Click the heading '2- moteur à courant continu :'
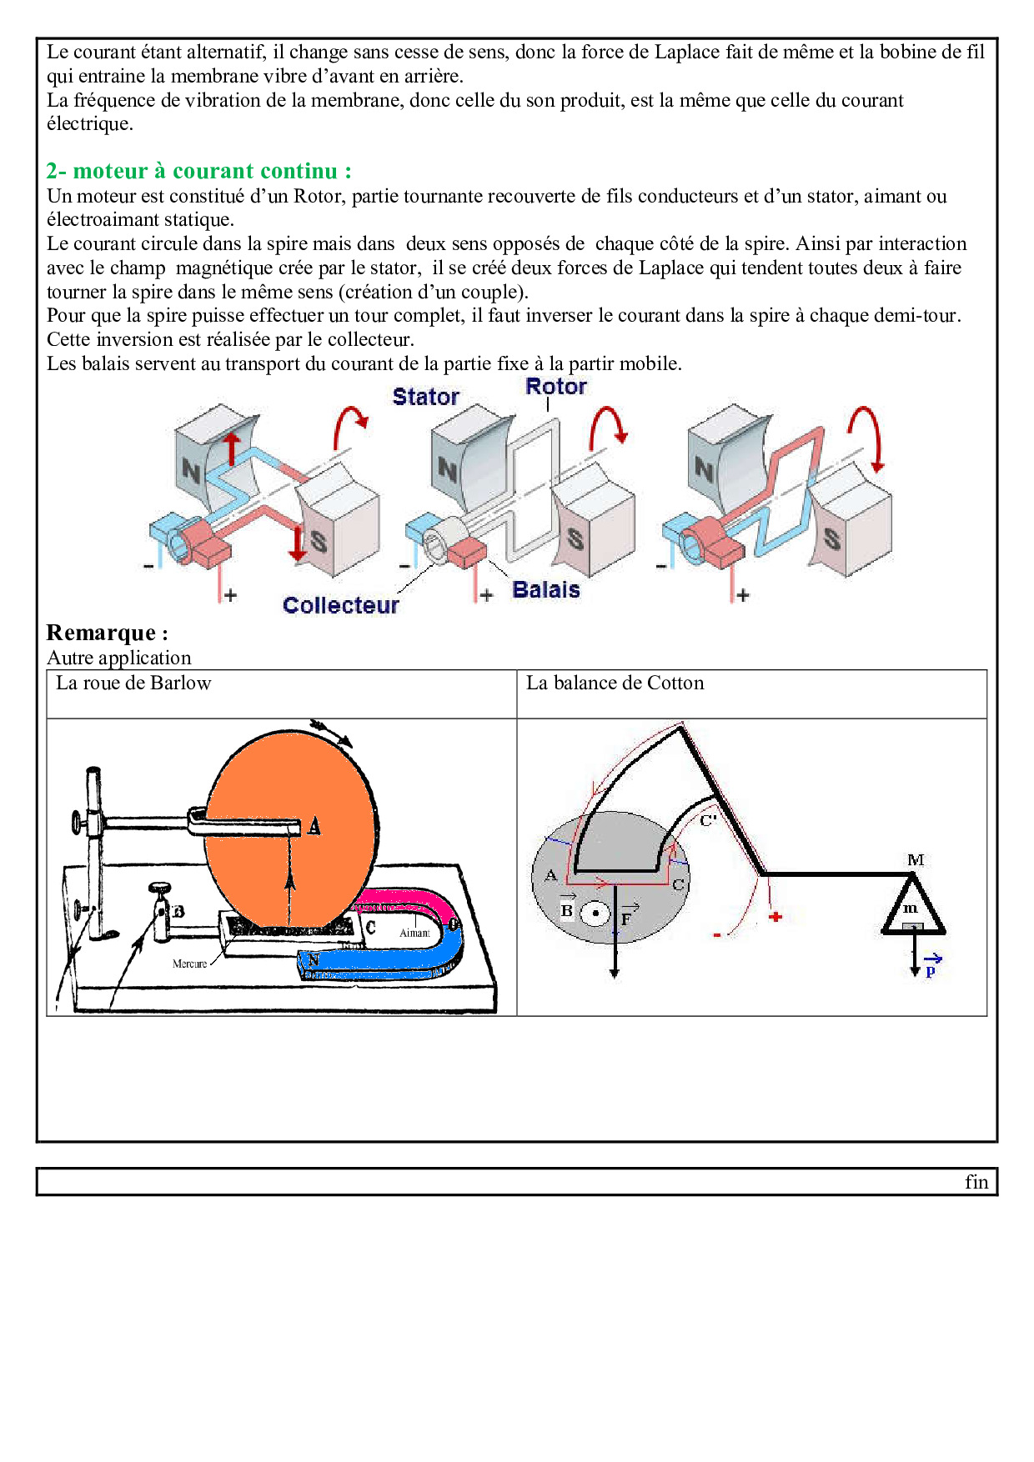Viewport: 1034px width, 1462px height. (198, 171)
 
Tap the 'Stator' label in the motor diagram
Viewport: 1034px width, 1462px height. (425, 397)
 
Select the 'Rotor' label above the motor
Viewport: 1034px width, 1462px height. (555, 387)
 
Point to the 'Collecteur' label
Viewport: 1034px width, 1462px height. (340, 605)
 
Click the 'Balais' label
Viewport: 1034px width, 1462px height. (545, 590)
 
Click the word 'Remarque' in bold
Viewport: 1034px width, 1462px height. (101, 633)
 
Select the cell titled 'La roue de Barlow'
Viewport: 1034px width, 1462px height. (133, 683)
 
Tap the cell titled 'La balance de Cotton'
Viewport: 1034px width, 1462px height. (615, 683)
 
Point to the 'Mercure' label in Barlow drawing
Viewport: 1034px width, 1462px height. (189, 964)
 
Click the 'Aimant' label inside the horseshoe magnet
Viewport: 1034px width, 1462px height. (414, 933)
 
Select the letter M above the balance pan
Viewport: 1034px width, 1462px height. (916, 859)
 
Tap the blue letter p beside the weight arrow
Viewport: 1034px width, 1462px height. (931, 971)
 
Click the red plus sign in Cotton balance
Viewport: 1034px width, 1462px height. (775, 917)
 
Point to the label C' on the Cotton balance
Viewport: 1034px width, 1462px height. (708, 820)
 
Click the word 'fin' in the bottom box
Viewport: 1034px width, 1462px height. (976, 1182)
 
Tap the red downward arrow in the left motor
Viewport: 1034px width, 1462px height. (298, 543)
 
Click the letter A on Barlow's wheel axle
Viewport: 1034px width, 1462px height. (314, 826)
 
